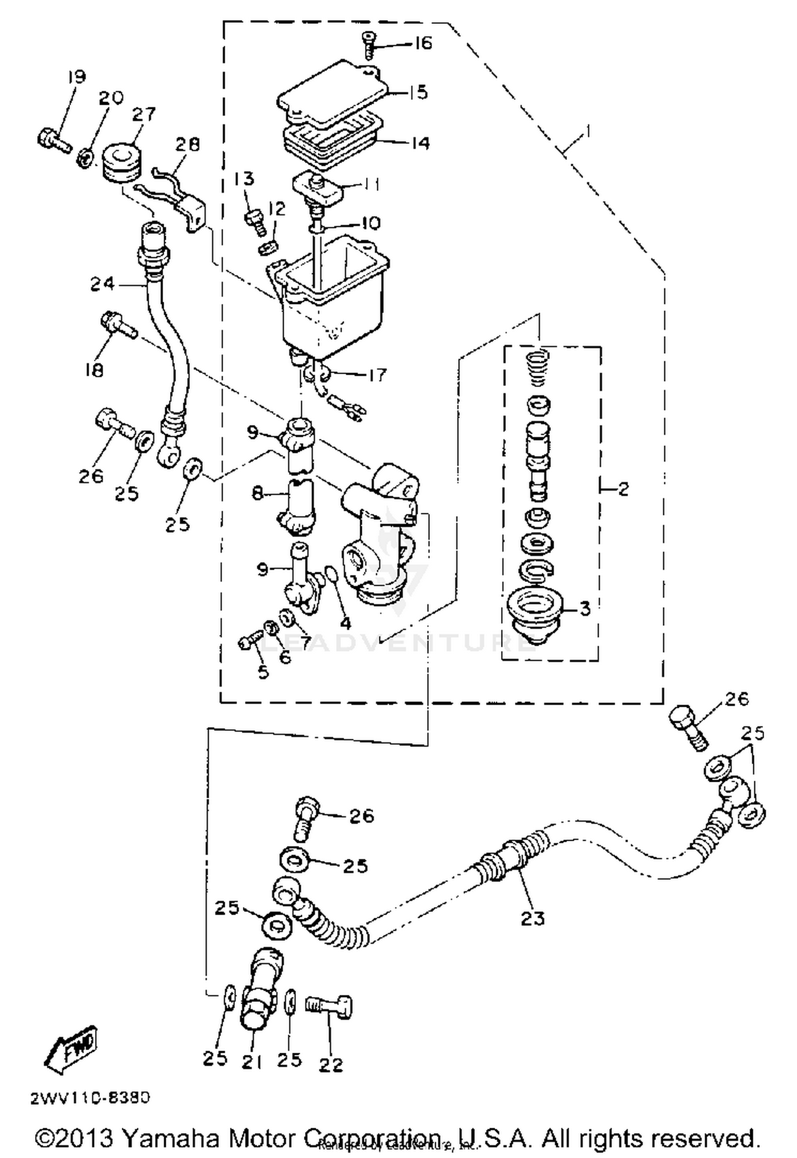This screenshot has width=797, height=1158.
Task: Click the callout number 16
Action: (423, 43)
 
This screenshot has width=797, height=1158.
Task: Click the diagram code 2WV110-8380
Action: (90, 1098)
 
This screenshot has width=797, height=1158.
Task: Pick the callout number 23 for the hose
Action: (532, 918)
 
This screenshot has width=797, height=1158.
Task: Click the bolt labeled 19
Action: (54, 139)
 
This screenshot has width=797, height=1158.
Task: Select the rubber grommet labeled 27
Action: (122, 161)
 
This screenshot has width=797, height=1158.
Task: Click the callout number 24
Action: (102, 284)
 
